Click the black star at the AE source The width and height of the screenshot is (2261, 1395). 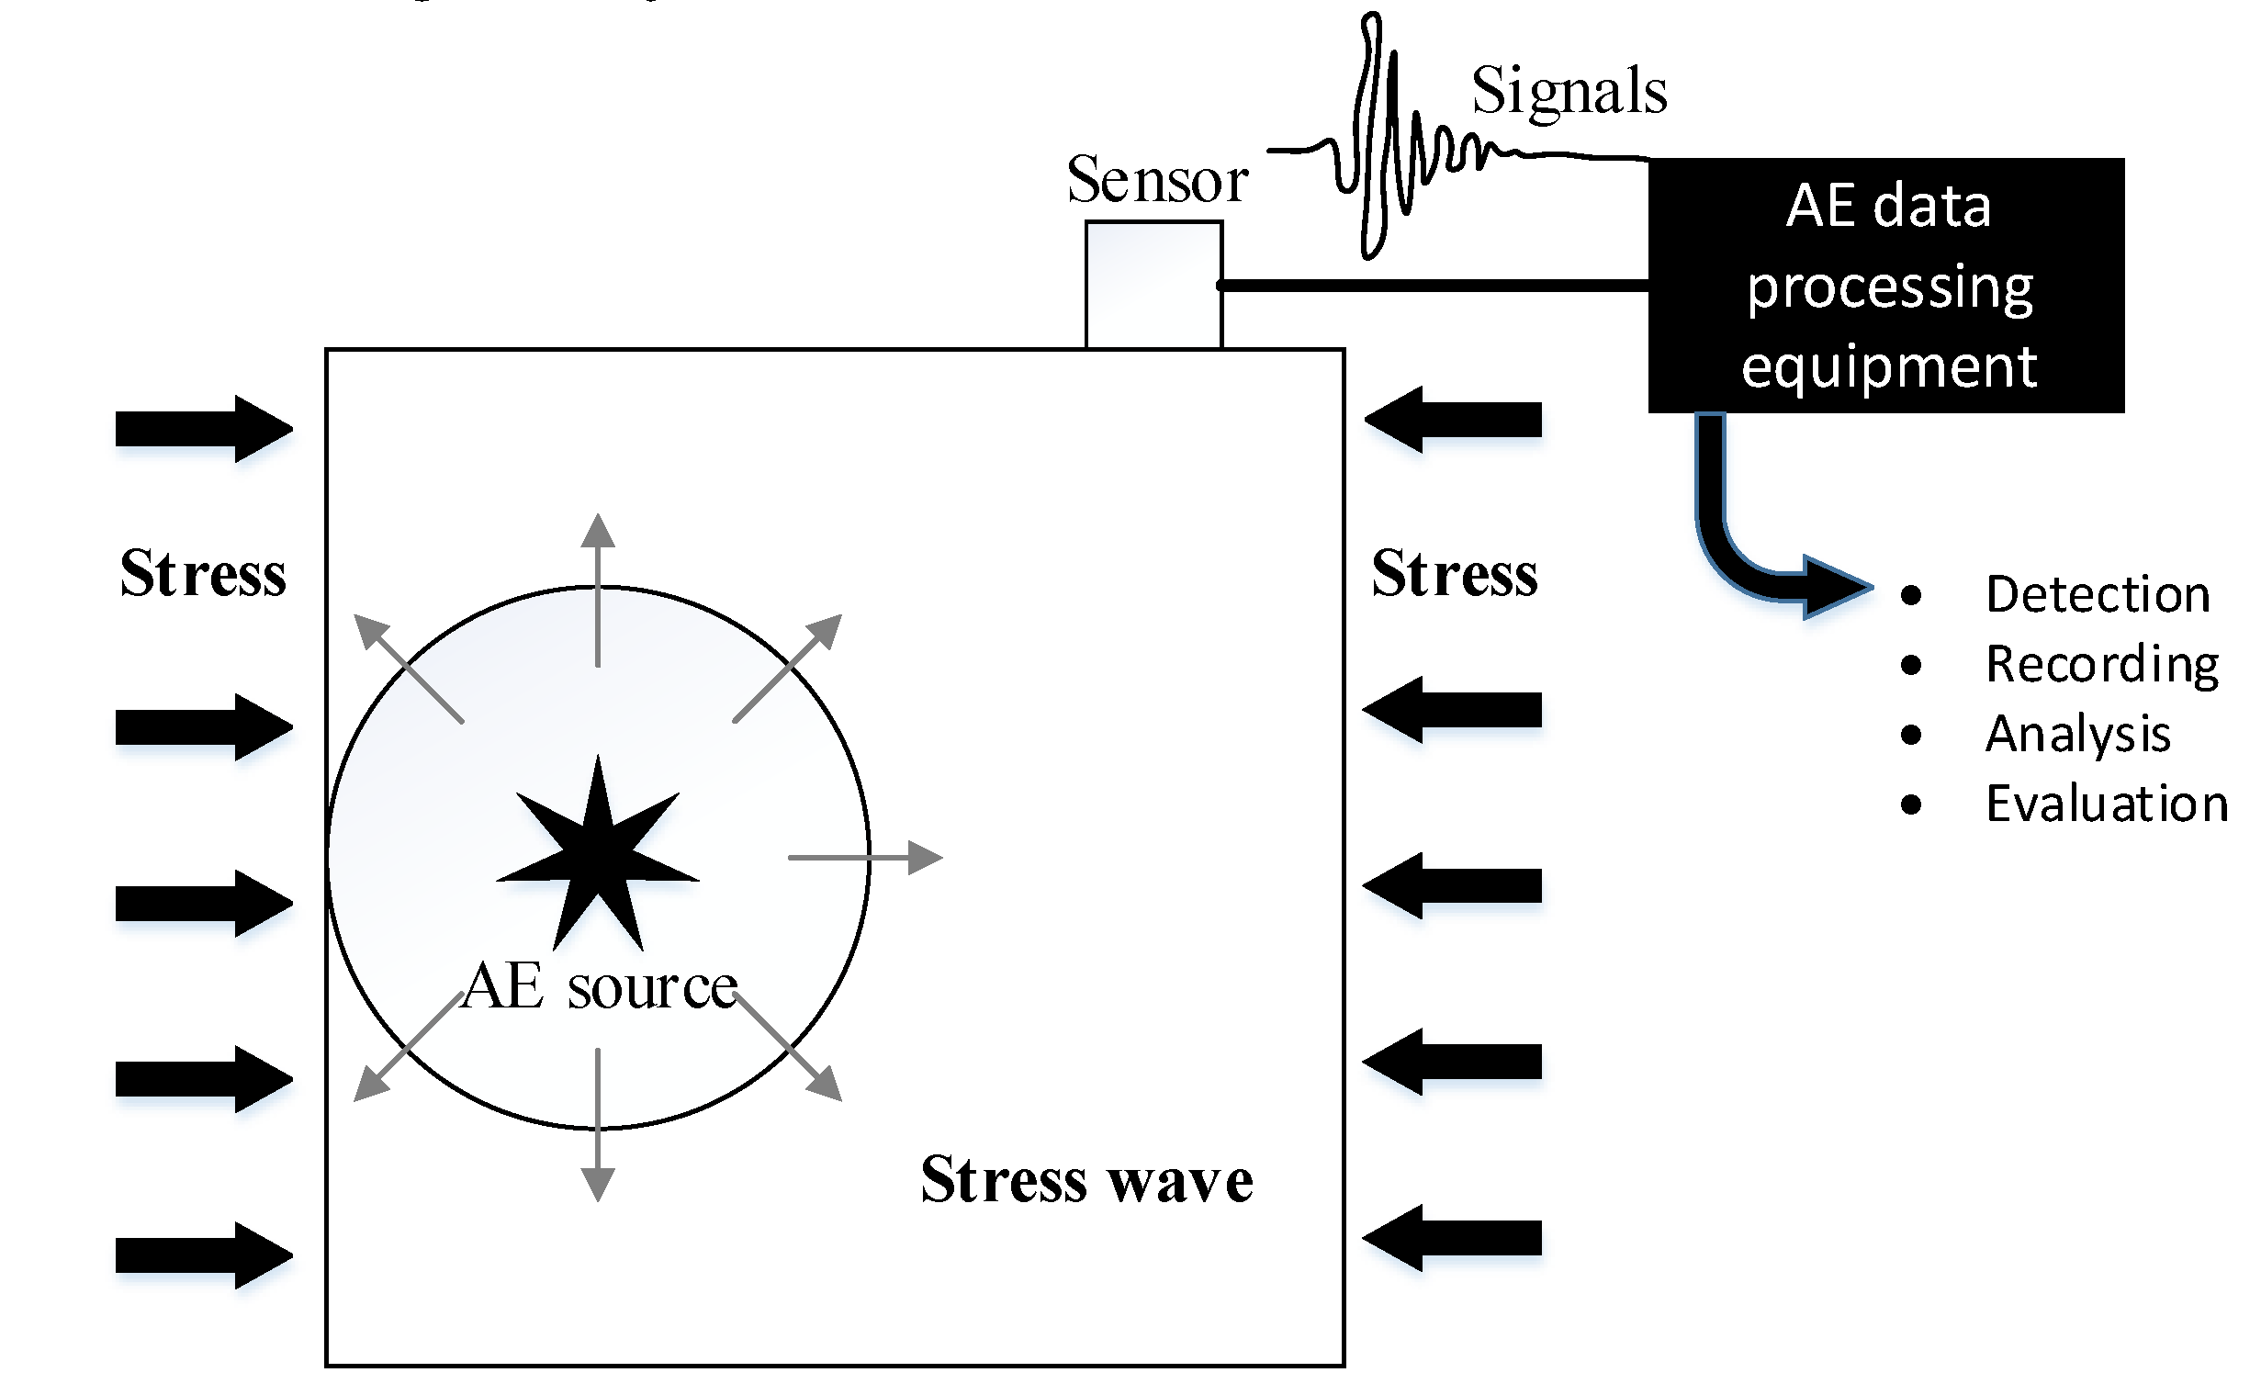(x=598, y=858)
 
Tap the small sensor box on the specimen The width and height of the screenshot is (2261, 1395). (x=1153, y=284)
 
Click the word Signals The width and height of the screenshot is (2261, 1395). (x=1569, y=92)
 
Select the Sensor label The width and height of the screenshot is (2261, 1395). (x=1157, y=180)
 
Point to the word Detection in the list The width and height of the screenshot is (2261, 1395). (x=2097, y=594)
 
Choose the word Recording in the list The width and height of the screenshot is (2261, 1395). (x=2101, y=664)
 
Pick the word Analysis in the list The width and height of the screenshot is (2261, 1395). (x=2077, y=735)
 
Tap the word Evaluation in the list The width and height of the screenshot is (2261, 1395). (x=2106, y=804)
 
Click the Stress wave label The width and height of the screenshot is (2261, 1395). (x=1086, y=1180)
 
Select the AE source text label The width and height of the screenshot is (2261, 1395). (x=600, y=987)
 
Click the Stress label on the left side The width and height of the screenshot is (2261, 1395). (x=203, y=574)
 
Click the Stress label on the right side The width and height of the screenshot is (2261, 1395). (x=1454, y=574)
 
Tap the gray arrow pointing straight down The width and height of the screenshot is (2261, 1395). (x=598, y=1126)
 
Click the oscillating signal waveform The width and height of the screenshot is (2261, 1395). (x=1384, y=139)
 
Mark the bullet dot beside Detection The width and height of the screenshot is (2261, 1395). (x=1910, y=595)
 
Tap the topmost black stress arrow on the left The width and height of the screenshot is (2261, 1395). (x=203, y=429)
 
